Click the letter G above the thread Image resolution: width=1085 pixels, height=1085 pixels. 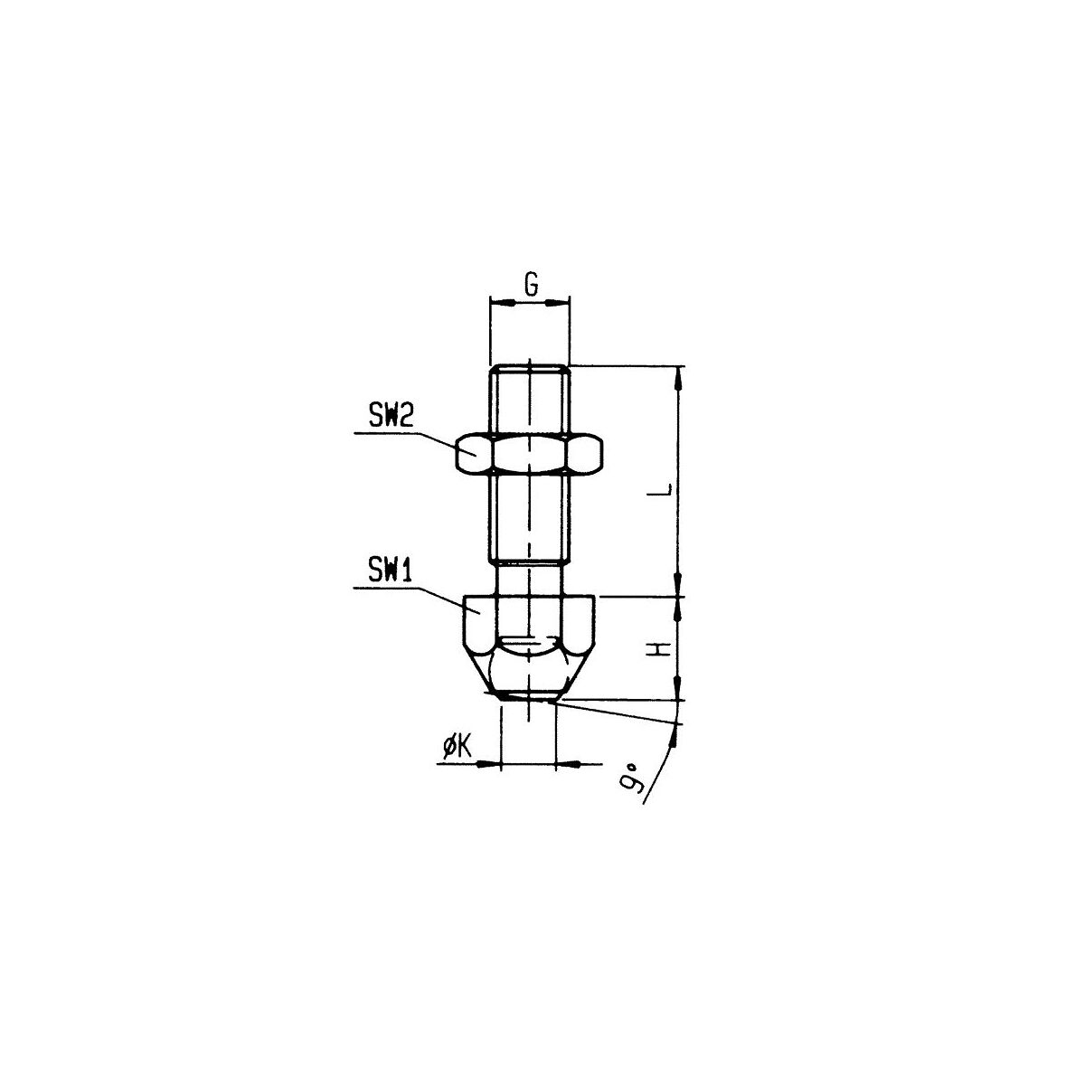(x=531, y=285)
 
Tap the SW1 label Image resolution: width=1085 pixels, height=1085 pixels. (x=391, y=571)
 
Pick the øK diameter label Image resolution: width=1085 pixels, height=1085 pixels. (x=458, y=748)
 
